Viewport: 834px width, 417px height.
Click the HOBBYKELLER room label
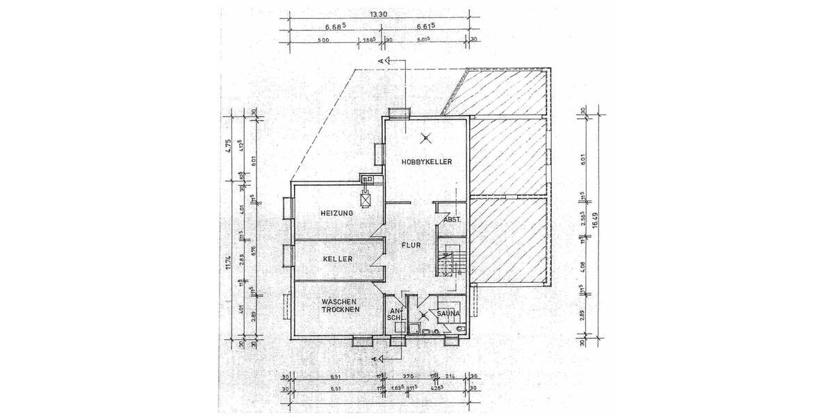click(x=427, y=162)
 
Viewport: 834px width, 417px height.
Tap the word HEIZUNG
click(x=337, y=213)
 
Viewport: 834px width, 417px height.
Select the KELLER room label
click(x=338, y=259)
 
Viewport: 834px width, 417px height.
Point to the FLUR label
click(x=411, y=245)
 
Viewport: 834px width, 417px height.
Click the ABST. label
click(x=452, y=221)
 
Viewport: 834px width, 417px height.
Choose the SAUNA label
click(x=449, y=313)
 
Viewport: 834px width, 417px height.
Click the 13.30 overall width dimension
click(x=378, y=13)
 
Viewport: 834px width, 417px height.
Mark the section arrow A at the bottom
click(x=376, y=359)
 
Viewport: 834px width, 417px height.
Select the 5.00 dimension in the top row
click(x=322, y=40)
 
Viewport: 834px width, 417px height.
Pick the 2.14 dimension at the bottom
click(x=450, y=376)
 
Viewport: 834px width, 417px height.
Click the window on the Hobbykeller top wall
click(x=398, y=113)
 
